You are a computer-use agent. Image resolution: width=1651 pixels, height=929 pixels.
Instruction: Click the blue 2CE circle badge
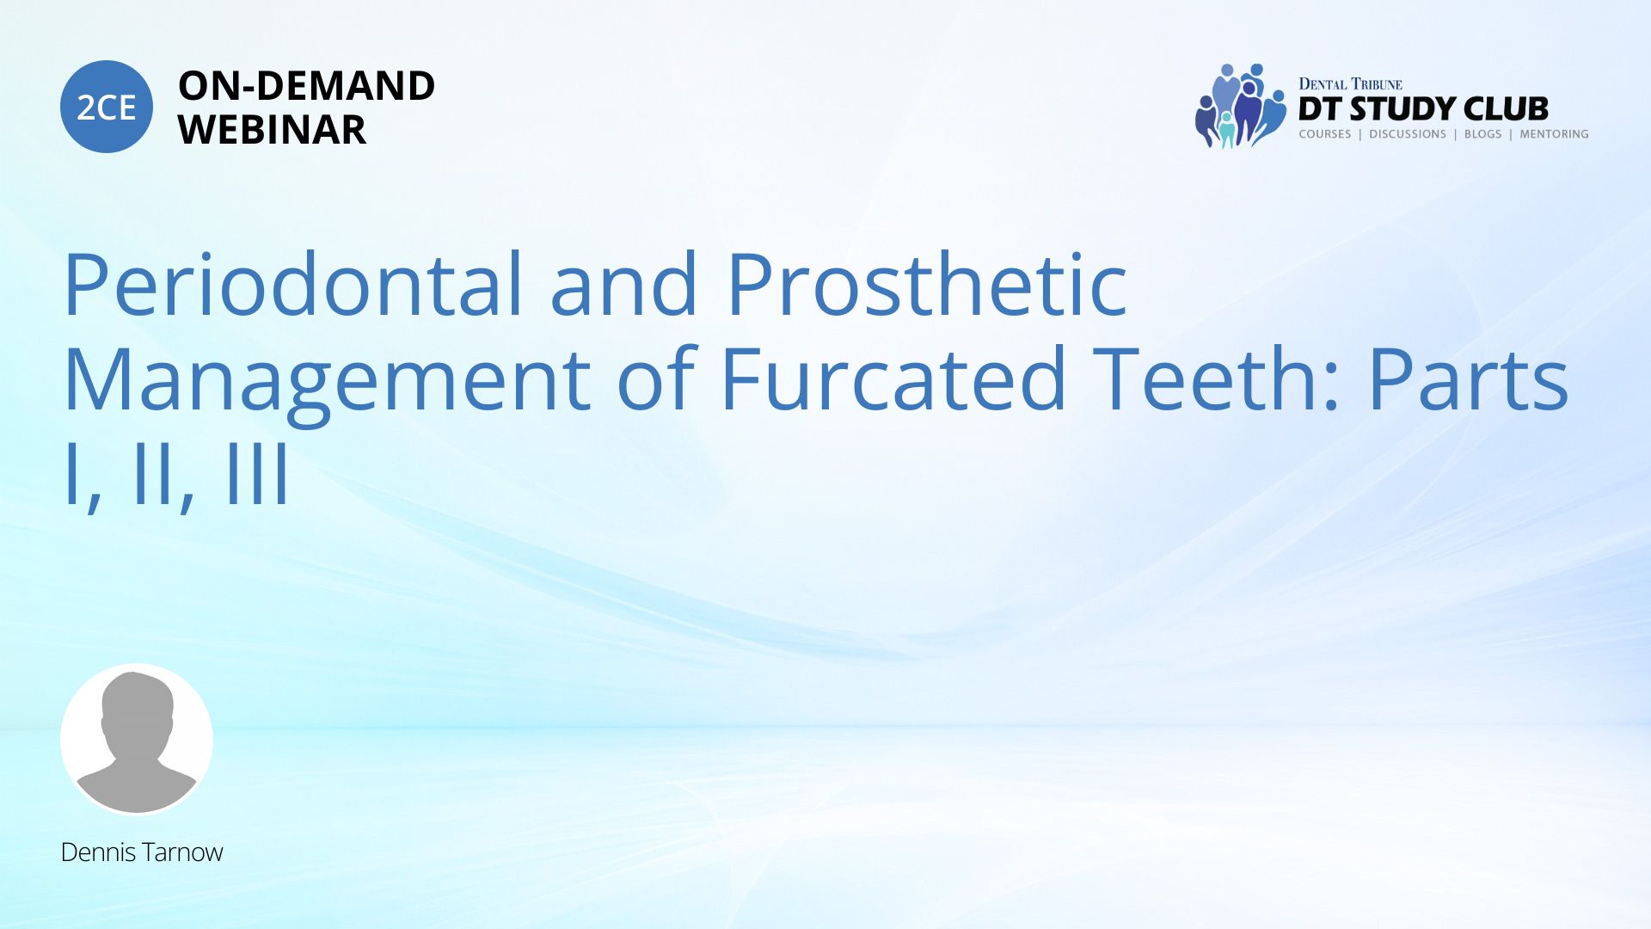(x=107, y=107)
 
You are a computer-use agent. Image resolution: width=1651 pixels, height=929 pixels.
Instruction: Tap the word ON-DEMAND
(x=306, y=85)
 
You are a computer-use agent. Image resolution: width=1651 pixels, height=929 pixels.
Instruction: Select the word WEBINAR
(x=272, y=130)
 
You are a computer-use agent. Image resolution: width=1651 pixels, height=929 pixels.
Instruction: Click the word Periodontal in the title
(x=293, y=284)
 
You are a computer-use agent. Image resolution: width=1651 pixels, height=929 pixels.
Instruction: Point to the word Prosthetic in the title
(x=927, y=284)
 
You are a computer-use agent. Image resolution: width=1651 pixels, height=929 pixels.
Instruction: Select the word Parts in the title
(x=1469, y=379)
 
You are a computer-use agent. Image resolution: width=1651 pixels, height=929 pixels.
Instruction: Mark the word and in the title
(x=623, y=284)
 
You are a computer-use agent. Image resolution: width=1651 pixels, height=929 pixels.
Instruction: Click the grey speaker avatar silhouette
(x=137, y=739)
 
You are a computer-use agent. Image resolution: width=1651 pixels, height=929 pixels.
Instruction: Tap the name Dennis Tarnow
(x=142, y=852)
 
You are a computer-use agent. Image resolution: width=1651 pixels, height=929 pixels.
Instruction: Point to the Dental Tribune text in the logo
(x=1350, y=84)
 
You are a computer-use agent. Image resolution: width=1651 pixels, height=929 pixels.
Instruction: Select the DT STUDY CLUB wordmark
(x=1423, y=109)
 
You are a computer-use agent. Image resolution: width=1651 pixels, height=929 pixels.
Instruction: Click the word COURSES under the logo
(x=1325, y=134)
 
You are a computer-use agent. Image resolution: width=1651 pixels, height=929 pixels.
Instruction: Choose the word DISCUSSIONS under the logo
(x=1408, y=134)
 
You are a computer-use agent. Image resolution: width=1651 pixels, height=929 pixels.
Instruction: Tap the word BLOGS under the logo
(x=1483, y=134)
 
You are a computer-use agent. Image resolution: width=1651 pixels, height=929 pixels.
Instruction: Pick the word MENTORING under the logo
(x=1554, y=134)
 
